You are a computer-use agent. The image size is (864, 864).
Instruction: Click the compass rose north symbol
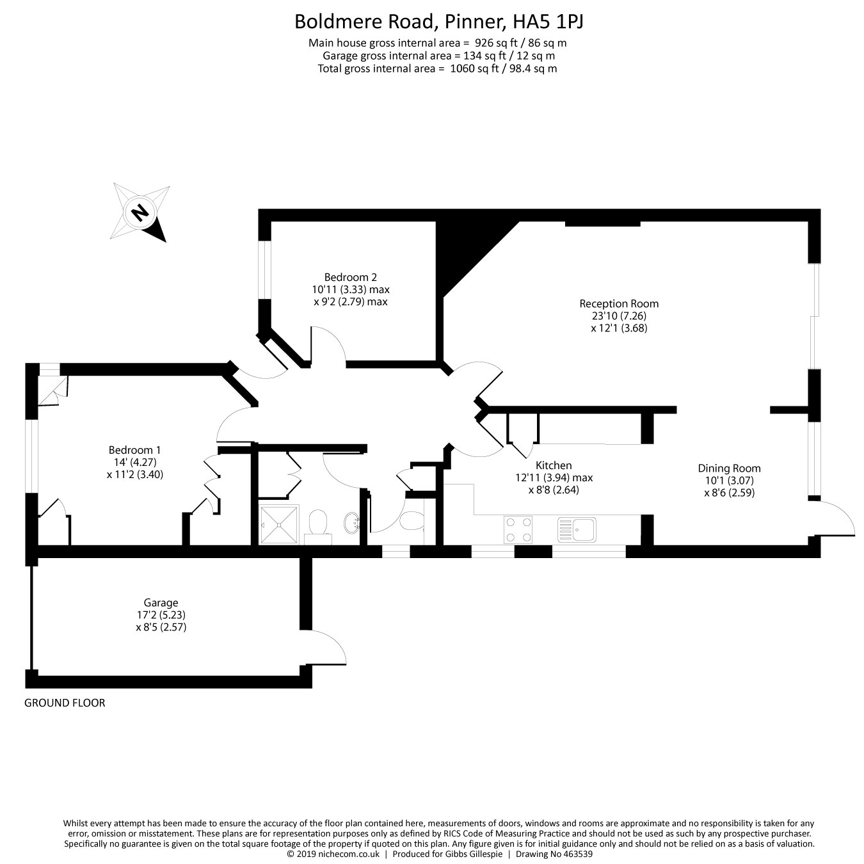point(140,212)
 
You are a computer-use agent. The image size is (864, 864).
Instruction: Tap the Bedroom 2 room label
point(350,277)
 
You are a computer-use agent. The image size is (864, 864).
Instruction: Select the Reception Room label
point(619,303)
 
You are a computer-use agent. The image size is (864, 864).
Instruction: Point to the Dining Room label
point(729,468)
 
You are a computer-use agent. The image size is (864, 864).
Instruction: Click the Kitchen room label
point(554,465)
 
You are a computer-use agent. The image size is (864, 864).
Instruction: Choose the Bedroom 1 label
point(134,450)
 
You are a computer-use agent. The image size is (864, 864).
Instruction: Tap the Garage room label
point(161,603)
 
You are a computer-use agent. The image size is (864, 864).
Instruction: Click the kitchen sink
point(577,529)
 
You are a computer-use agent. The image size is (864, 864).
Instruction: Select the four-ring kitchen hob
point(518,529)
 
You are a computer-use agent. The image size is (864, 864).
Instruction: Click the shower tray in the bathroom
point(279,525)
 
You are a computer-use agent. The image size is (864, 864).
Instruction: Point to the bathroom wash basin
point(351,524)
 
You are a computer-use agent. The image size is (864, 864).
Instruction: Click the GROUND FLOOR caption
point(65,703)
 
